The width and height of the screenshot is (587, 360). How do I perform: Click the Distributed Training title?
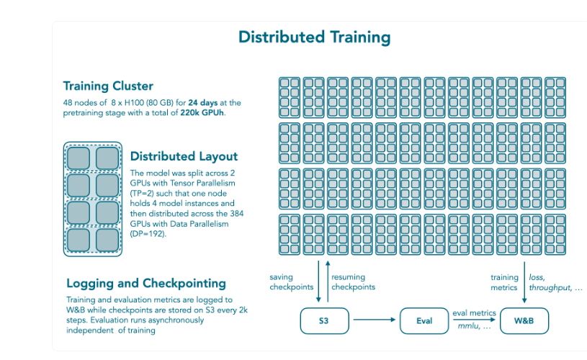315,37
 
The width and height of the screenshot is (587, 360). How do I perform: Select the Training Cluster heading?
108,86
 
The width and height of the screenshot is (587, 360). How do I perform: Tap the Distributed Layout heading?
184,156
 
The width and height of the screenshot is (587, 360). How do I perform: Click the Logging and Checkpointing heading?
146,283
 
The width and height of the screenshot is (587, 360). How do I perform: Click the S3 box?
324,320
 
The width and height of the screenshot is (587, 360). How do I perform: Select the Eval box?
424,320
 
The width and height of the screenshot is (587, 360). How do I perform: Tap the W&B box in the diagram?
524,320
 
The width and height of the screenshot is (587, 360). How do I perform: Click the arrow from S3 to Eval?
375,320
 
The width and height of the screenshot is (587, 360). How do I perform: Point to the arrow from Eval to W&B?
474,320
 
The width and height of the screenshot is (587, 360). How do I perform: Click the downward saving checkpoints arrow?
318,282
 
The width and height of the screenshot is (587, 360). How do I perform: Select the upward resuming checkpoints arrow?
328,282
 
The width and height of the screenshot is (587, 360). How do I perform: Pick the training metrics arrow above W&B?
524,282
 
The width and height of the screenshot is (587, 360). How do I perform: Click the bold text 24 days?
203,103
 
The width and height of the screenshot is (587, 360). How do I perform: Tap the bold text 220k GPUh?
202,113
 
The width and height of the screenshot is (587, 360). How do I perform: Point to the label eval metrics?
474,313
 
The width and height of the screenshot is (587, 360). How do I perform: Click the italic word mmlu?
468,326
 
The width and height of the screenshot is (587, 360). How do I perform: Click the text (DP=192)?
148,234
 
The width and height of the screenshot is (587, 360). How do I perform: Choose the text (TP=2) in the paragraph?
142,194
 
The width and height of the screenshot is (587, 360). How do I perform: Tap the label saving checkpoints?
291,282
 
